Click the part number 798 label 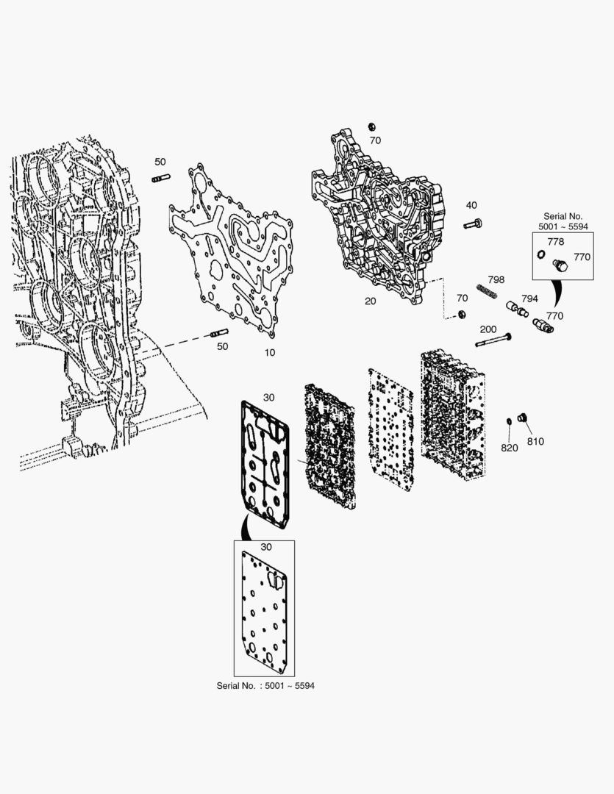tap(496, 279)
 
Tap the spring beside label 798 tap(487, 292)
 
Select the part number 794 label tap(529, 298)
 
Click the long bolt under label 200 tap(493, 340)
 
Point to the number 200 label tap(488, 329)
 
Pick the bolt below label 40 tap(473, 223)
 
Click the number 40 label tap(471, 205)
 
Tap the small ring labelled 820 tap(509, 421)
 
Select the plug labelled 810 tap(522, 418)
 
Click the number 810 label tap(535, 442)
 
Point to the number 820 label tap(509, 448)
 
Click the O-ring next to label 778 tap(541, 254)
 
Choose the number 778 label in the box tap(556, 242)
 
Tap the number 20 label tap(371, 301)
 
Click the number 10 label tap(270, 352)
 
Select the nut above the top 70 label tap(372, 126)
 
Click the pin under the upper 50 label tap(161, 178)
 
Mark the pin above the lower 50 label tap(219, 333)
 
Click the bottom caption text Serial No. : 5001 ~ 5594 tap(265, 686)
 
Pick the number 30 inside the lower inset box tap(266, 547)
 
